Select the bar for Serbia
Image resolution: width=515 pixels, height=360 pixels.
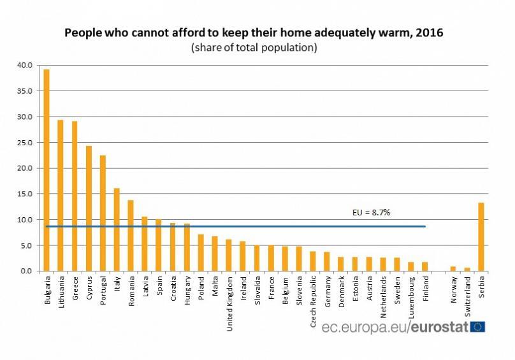pos(481,236)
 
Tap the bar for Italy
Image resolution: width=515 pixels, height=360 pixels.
pos(117,229)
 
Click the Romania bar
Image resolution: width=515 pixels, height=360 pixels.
pos(131,235)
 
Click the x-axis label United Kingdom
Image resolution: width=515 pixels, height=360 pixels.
pos(229,300)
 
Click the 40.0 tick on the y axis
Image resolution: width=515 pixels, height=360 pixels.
pos(24,65)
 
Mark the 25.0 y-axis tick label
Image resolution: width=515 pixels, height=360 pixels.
pos(24,142)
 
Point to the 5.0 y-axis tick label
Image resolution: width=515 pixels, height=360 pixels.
pos(26,245)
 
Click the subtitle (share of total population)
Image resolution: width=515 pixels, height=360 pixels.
pos(253,48)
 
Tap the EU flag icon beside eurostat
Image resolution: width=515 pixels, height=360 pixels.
pos(477,327)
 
